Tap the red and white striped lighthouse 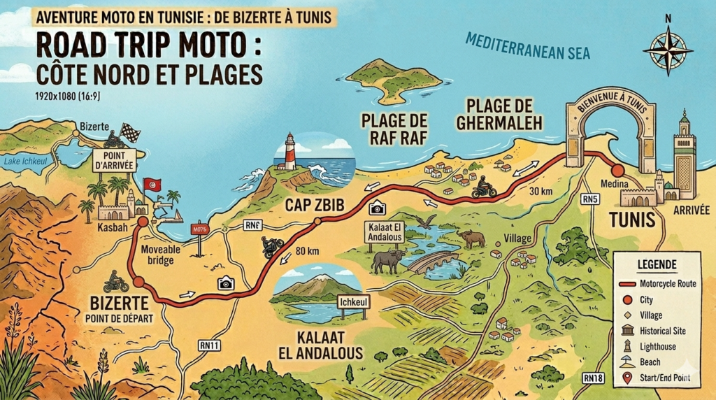[x=289, y=152]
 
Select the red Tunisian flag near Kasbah [x=152, y=185]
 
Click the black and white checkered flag [x=130, y=132]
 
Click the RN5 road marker [x=591, y=199]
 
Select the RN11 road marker [x=209, y=345]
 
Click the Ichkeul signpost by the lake [x=352, y=302]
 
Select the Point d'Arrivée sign [x=114, y=160]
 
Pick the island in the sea [x=393, y=79]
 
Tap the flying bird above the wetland [x=425, y=222]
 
